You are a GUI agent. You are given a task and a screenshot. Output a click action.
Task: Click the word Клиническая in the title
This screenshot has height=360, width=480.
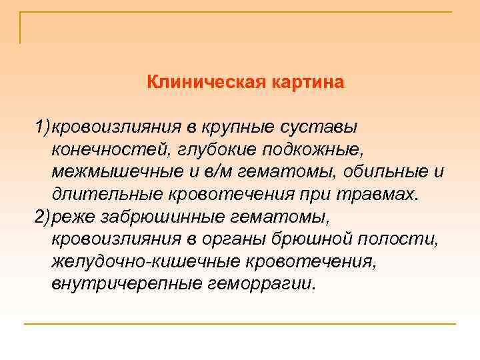[206, 83]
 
